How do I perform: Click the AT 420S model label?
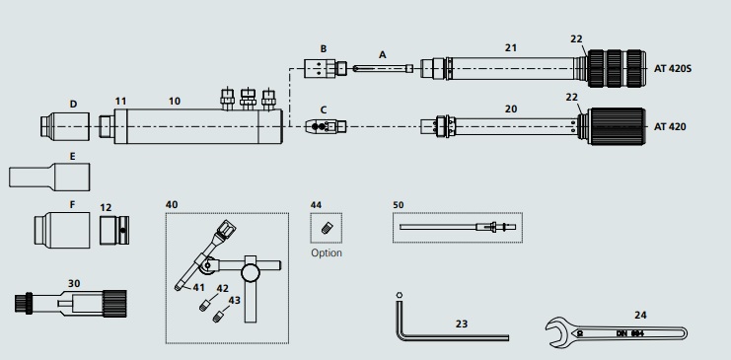pos(672,69)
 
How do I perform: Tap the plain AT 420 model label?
pos(670,127)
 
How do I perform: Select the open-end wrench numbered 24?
pos(616,332)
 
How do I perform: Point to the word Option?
pos(327,252)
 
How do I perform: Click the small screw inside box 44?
pos(327,228)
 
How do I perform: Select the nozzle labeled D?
pos(65,126)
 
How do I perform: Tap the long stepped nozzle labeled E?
pos(49,177)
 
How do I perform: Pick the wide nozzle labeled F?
pos(62,230)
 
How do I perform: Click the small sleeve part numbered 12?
pos(114,230)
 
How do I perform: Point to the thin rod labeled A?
pos(383,69)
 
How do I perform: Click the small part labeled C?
pos(326,126)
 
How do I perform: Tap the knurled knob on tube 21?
pos(616,69)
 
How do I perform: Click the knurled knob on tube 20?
pos(617,126)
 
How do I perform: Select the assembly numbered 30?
pos(70,303)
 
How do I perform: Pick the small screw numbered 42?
pos(204,307)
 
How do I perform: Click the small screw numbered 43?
pos(217,318)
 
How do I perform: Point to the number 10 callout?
pos(175,102)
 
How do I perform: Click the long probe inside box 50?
pos(458,227)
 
